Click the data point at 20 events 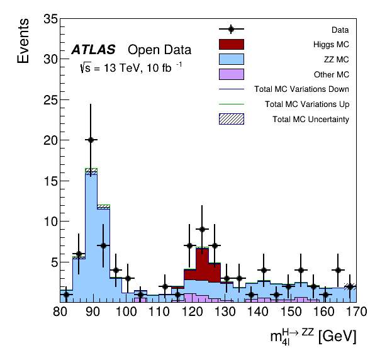[91, 140]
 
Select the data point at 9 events [202, 229]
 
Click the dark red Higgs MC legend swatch [232, 44]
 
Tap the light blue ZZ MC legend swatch [232, 59]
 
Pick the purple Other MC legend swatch [232, 74]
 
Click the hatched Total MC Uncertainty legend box [232, 119]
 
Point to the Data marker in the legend [231, 29]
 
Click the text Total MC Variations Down [301, 89]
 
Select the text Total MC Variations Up [307, 104]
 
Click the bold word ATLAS [94, 50]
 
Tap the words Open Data [160, 50]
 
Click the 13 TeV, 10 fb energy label [131, 67]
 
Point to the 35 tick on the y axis [51, 19]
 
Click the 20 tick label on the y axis [51, 140]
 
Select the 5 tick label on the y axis [55, 262]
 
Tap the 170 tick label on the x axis [357, 312]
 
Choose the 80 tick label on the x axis [60, 312]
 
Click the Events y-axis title [23, 41]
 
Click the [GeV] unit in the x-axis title [337, 336]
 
